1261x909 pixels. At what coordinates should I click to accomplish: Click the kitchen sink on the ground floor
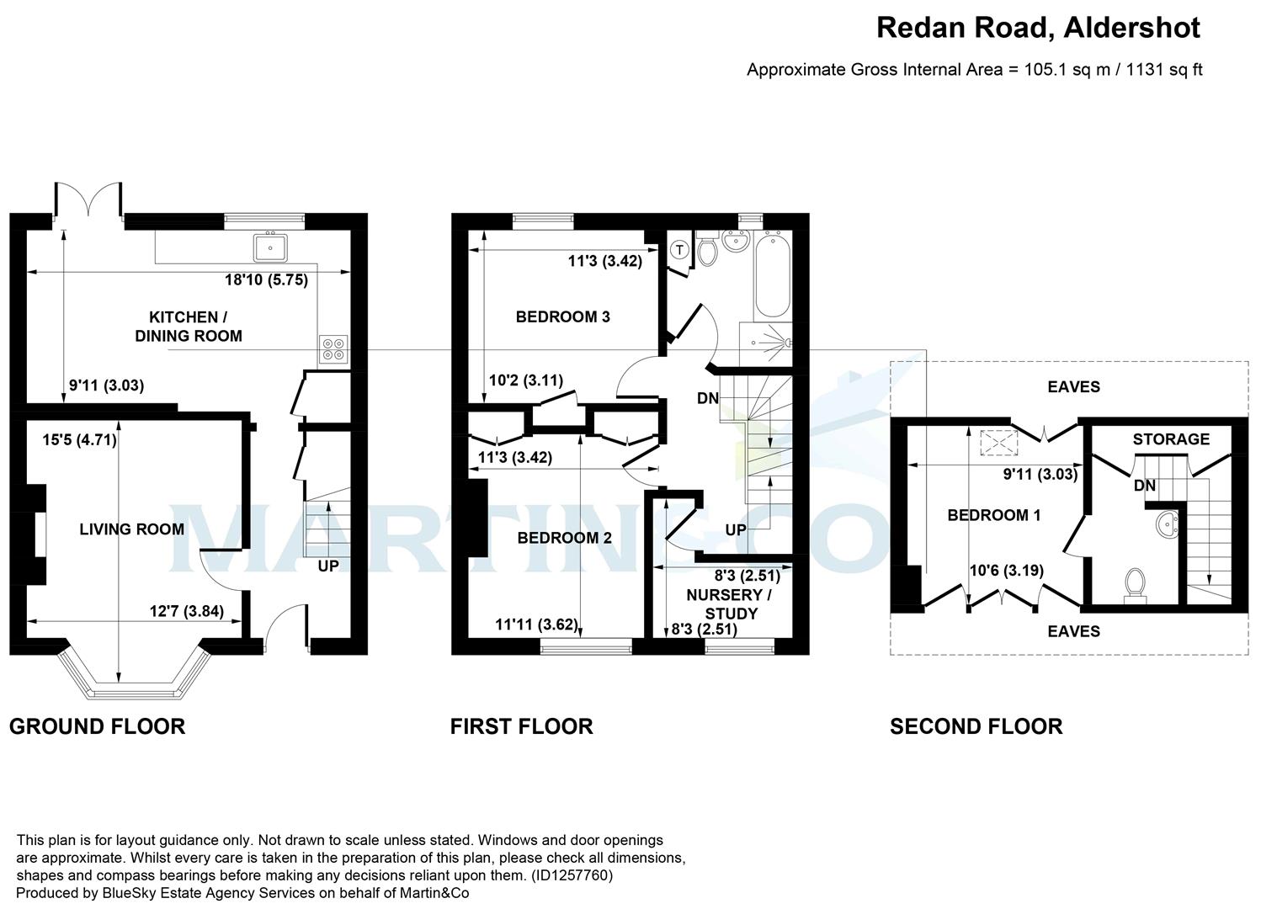point(271,246)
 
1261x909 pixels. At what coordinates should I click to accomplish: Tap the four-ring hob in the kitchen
point(333,348)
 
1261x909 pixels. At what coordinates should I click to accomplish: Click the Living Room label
point(131,529)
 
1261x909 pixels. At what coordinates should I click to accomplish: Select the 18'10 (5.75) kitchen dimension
point(266,280)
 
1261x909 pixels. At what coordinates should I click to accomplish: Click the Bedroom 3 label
point(562,317)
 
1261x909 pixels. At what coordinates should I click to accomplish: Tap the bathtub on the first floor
point(773,275)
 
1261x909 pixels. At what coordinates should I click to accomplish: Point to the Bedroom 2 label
point(564,538)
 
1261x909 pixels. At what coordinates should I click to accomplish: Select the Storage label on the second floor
point(1170,439)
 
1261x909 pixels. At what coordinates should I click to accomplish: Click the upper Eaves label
point(1073,387)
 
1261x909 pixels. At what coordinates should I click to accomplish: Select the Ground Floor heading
point(97,726)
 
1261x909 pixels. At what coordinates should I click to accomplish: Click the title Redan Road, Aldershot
point(1038,28)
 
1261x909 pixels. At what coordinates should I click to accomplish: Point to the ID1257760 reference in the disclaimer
point(572,875)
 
